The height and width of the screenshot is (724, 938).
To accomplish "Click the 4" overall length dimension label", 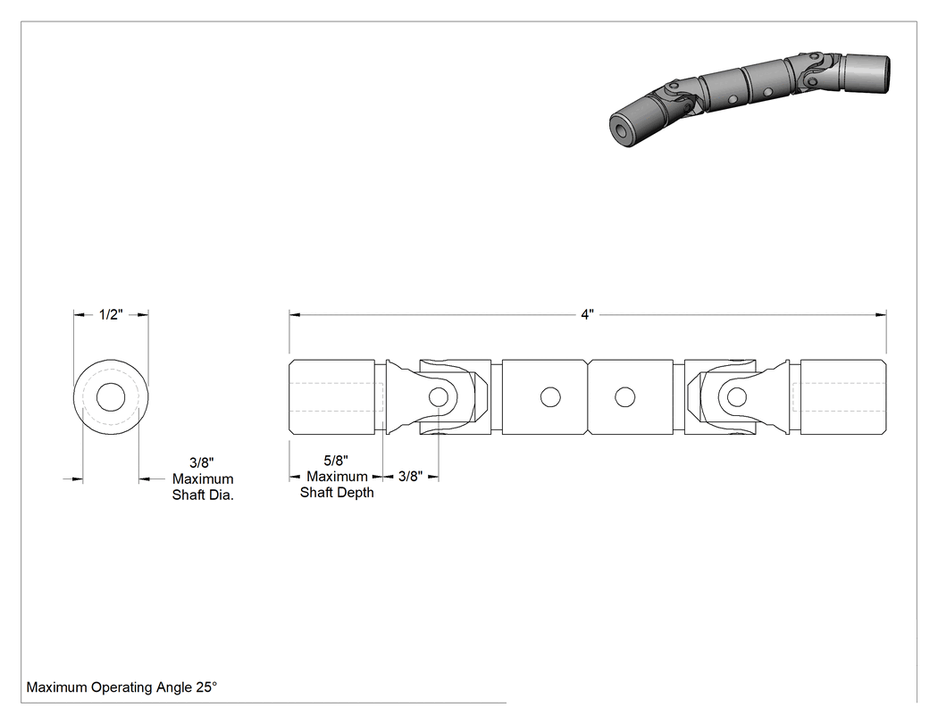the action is point(587,314).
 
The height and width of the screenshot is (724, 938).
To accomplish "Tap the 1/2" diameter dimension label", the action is point(111,314).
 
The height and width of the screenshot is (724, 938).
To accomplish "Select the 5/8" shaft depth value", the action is point(336,461).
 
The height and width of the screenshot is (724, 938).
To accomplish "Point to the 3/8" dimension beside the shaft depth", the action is point(410,477).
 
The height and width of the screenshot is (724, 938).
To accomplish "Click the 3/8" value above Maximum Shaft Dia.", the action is point(202,462).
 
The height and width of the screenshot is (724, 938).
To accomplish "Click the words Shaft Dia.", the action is point(203,495).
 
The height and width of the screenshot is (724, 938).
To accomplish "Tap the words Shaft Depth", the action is point(337,493).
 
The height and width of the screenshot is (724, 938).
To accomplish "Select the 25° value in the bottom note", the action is point(206,687).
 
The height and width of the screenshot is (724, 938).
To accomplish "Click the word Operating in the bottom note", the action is point(121,687).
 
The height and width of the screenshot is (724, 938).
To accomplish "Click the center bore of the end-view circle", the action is point(111,397).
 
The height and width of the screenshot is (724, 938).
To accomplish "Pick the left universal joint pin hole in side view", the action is point(439,397).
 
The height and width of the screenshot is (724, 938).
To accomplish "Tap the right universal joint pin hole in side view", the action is point(736,397).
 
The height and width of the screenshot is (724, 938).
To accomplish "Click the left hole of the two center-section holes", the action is point(550,397).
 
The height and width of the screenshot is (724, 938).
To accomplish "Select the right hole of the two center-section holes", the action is point(624,397).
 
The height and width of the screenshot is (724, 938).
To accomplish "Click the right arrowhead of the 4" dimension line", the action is point(881,314).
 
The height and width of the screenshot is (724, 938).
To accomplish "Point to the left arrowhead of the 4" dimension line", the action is point(294,314).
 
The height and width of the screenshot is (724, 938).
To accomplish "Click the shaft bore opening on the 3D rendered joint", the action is point(621,129).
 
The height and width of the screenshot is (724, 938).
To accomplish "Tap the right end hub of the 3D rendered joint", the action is point(867,74).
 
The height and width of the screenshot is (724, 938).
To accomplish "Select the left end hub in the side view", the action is point(332,397).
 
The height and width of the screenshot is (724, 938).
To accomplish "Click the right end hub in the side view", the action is point(843,397).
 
